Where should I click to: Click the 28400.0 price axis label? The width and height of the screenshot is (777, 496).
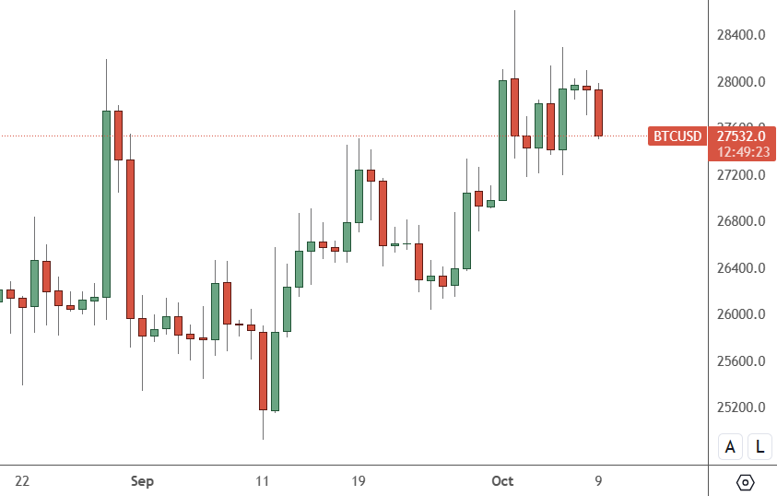tap(742, 35)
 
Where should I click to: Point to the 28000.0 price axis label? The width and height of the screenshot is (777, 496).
tap(742, 82)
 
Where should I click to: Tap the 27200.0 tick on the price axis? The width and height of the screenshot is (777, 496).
tap(742, 175)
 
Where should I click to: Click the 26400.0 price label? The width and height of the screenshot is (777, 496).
tap(742, 268)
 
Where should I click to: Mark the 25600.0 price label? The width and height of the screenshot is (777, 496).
tap(742, 361)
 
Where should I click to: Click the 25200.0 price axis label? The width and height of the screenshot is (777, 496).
tap(742, 407)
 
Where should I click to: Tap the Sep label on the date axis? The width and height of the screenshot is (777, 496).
tap(142, 481)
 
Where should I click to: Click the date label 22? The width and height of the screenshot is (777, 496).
tap(23, 481)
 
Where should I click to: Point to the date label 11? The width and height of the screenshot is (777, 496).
tap(263, 481)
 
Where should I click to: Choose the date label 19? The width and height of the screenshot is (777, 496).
tap(359, 481)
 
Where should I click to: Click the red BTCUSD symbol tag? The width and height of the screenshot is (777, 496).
tap(677, 136)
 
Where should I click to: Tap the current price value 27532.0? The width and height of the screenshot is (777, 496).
tap(742, 136)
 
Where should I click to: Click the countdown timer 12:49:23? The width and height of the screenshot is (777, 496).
tap(742, 152)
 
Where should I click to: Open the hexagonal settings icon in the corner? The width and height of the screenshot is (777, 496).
tap(746, 482)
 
